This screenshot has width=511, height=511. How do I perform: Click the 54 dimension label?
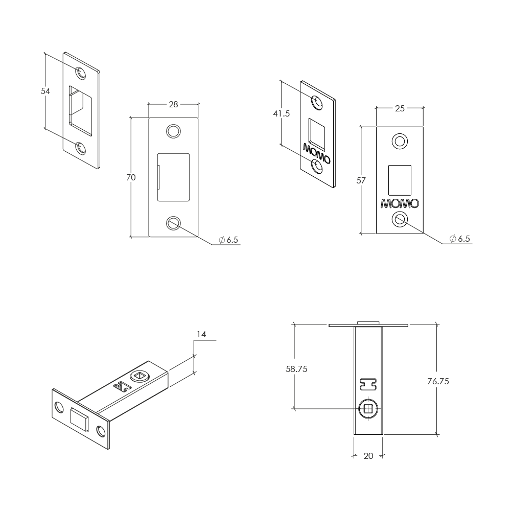45,91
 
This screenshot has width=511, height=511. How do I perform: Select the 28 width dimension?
173,104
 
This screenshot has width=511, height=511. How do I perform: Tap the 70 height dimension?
131,178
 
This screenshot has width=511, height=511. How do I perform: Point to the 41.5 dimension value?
281,114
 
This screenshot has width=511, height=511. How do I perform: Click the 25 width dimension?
400,108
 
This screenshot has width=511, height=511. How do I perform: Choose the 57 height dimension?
361,180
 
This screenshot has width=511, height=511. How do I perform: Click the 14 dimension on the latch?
201,334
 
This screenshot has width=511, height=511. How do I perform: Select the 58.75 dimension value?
296,369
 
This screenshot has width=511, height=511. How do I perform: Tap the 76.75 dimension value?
438,381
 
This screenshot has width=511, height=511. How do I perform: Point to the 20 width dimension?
368,456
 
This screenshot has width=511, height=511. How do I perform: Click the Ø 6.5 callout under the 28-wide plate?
228,240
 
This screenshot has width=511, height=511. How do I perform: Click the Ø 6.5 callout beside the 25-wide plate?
460,239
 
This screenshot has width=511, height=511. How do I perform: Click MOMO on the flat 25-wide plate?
400,204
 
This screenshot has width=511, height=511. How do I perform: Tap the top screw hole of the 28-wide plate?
173,131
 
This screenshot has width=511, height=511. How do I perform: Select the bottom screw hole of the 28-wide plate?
173,223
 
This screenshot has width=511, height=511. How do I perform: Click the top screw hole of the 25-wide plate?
400,142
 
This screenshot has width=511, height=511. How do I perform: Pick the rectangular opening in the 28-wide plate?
173,177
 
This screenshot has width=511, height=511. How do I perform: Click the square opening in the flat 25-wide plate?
400,180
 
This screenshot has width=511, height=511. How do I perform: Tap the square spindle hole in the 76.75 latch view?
368,408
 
